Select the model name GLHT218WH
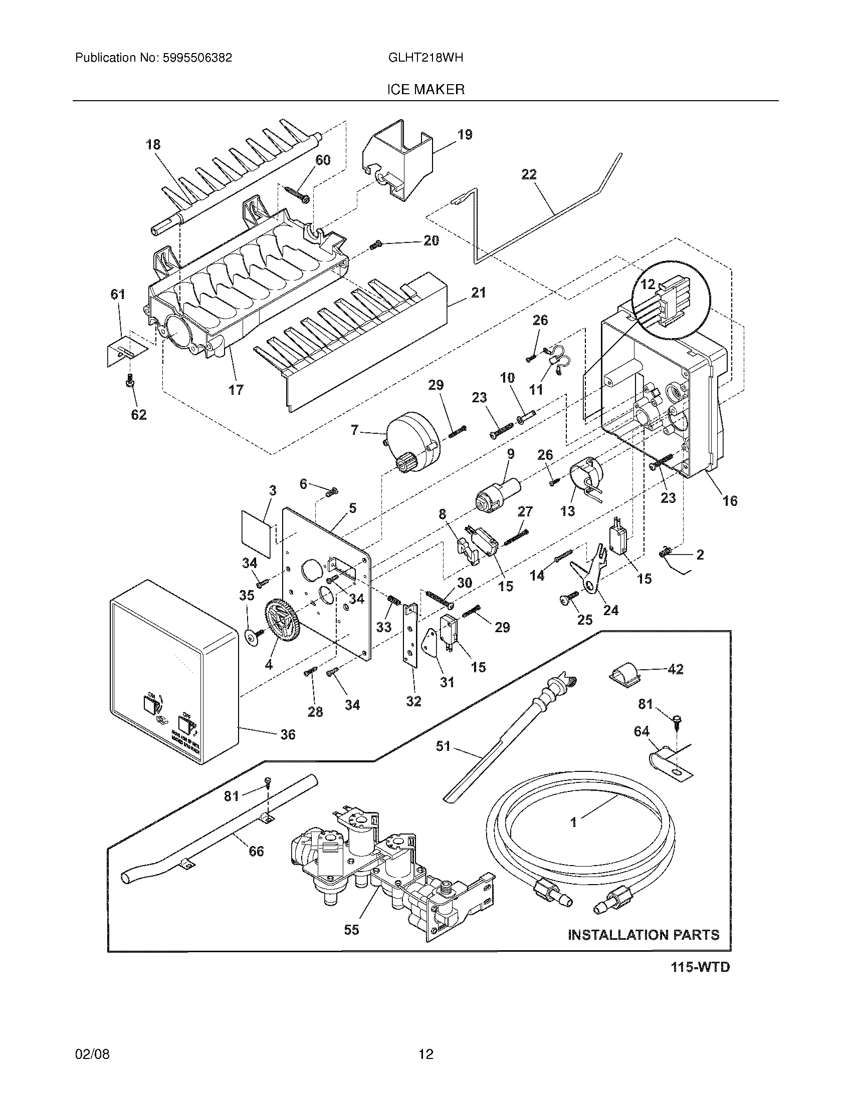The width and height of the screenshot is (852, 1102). click(x=425, y=58)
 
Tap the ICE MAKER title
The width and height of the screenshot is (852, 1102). click(x=425, y=90)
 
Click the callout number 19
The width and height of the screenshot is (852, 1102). click(x=465, y=135)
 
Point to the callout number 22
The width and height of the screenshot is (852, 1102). click(x=528, y=175)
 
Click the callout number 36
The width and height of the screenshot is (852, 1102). click(x=288, y=734)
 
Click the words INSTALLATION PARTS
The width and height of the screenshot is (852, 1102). click(x=644, y=935)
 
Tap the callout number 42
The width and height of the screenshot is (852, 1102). click(x=675, y=670)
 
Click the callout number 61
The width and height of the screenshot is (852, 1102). click(x=118, y=294)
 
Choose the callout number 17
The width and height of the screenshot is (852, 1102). click(x=236, y=390)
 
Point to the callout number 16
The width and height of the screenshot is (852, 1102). click(x=730, y=500)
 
